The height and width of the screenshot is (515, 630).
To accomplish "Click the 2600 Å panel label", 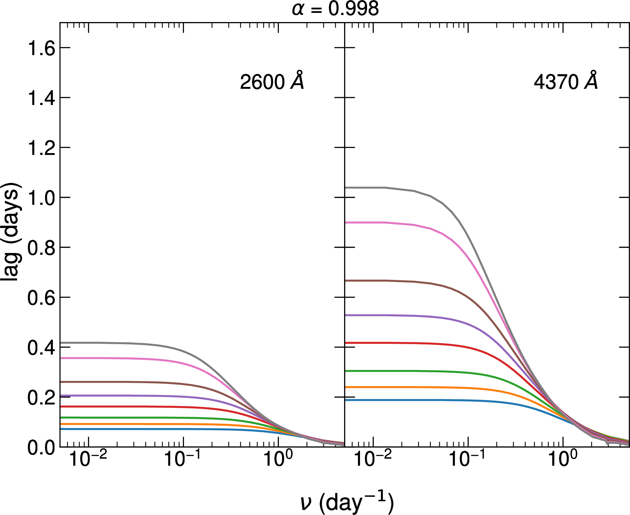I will pyautogui.click(x=272, y=81).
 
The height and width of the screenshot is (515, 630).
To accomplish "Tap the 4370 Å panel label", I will pyautogui.click(x=565, y=81).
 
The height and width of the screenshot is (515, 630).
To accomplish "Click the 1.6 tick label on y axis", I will pyautogui.click(x=41, y=48).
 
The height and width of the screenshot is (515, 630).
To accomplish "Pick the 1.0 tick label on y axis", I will pyautogui.click(x=41, y=198).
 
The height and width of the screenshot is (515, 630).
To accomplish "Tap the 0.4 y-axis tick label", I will pyautogui.click(x=41, y=348).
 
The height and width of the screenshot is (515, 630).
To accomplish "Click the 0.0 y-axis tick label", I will pyautogui.click(x=41, y=448).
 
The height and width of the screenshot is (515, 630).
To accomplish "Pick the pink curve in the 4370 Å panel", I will pyautogui.click(x=398, y=223).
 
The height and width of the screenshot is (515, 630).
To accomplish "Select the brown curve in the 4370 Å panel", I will pyautogui.click(x=398, y=281).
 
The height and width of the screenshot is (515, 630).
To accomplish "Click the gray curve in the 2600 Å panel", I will pyautogui.click(x=122, y=343).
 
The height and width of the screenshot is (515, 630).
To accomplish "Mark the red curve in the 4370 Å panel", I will pyautogui.click(x=398, y=343).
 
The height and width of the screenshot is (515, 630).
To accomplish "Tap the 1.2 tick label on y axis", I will pyautogui.click(x=41, y=148).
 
